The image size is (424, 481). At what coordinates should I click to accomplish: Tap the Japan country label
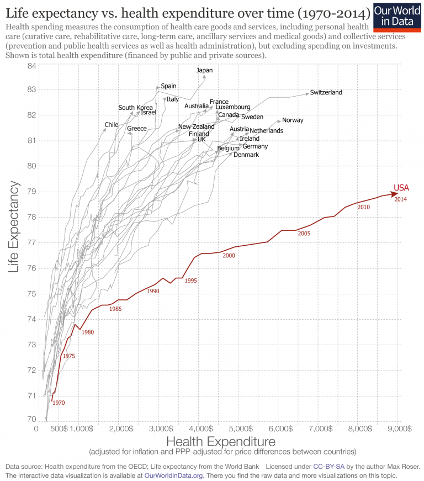[204, 70]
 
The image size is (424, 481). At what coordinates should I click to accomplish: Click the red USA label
[401, 188]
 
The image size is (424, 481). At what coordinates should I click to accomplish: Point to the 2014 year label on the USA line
[401, 199]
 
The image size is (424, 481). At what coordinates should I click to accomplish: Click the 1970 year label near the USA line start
[59, 403]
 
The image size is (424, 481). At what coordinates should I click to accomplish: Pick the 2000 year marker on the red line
[229, 256]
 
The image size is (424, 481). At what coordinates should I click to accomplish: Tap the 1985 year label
[115, 309]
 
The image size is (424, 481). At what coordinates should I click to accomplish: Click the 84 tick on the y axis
[31, 66]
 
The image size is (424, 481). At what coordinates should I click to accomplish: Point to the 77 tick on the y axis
[31, 242]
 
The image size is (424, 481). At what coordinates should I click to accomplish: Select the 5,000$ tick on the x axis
[240, 428]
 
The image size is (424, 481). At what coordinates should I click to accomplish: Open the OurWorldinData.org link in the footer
[174, 475]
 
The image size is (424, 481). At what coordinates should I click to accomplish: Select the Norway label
[293, 120]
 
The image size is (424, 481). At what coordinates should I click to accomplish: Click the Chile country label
[112, 125]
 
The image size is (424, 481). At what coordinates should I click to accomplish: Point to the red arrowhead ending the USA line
[394, 194]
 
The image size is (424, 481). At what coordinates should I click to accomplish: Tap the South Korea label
[135, 107]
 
